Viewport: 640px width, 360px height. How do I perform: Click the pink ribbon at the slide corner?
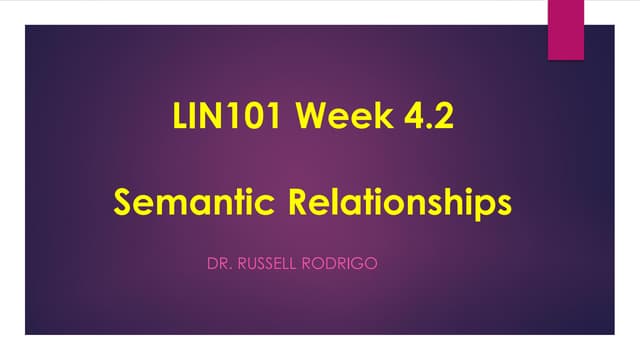(x=566, y=29)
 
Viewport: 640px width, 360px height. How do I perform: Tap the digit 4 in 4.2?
(x=407, y=119)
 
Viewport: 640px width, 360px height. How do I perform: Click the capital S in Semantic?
(x=125, y=202)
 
